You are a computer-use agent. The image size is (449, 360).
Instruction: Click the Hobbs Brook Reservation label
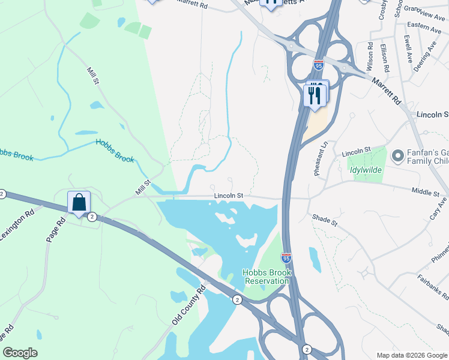[x=267, y=277]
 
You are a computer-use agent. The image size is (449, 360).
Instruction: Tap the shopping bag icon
[x=79, y=203]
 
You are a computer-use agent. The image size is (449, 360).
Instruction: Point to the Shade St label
[x=325, y=221]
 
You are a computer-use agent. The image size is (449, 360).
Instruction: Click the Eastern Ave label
[x=424, y=26]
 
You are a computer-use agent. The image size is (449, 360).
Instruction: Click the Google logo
[x=20, y=353]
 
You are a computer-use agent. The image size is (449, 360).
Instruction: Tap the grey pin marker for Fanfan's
[x=397, y=157]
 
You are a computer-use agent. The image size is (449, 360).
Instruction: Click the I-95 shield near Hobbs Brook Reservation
[x=286, y=258]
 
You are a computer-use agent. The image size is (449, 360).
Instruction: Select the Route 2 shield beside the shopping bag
[x=92, y=216]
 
